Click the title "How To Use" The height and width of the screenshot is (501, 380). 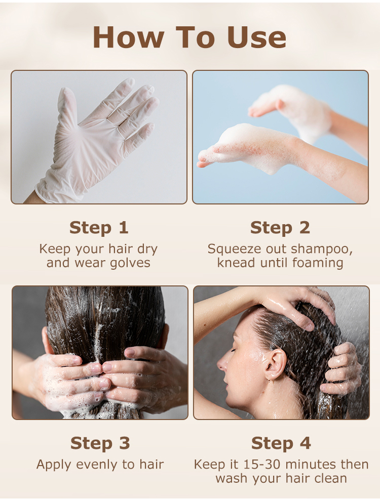pos(189,37)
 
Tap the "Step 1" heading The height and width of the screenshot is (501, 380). pos(99,228)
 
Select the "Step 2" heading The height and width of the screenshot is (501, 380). pos(280,228)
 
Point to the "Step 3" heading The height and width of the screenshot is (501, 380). pos(100,443)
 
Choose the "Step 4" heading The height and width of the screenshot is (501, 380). pos(281,443)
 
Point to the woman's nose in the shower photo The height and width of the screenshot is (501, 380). pos(221,363)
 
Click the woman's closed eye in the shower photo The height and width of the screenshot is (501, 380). pos(233,350)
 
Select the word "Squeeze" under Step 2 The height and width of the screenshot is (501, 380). pos(231,249)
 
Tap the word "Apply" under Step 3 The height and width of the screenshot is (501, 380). pos(54,465)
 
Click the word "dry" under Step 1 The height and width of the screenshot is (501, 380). pos(147,249)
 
